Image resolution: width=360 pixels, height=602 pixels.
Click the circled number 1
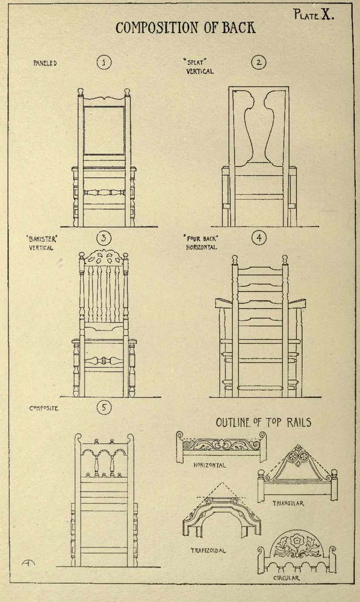coord(104,62)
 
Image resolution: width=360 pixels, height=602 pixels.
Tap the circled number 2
coord(259,62)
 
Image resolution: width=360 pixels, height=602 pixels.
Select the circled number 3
coord(104,238)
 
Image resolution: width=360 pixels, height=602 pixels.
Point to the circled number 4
coord(259,238)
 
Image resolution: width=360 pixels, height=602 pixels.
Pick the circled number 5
coord(104,408)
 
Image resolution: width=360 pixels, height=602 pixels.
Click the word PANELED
coord(45,63)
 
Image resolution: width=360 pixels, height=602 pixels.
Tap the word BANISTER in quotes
coord(42,240)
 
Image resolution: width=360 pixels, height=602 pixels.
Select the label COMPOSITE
coord(44,408)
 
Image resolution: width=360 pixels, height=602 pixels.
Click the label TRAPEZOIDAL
coord(208,551)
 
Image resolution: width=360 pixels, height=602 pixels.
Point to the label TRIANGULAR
coord(288,503)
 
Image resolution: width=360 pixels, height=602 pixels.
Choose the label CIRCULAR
coord(287,578)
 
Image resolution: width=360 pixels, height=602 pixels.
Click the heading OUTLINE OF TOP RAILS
coord(264,423)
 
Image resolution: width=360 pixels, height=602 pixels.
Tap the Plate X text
coord(314,14)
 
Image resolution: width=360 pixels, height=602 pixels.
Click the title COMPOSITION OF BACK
coord(186,28)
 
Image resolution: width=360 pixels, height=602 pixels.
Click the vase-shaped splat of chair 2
coord(259,126)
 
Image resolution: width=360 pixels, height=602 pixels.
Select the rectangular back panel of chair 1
coord(104,131)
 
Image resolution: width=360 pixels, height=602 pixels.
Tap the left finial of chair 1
coord(81,92)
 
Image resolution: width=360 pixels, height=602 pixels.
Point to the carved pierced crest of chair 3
coord(104,257)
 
